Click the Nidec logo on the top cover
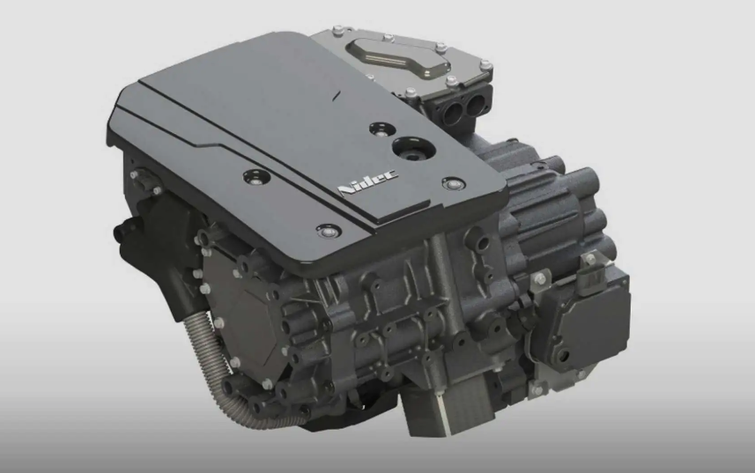[368, 183]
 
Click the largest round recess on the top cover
[413, 148]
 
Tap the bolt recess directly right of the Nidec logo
[454, 183]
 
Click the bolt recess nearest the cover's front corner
[329, 232]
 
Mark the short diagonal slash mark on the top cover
[337, 95]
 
